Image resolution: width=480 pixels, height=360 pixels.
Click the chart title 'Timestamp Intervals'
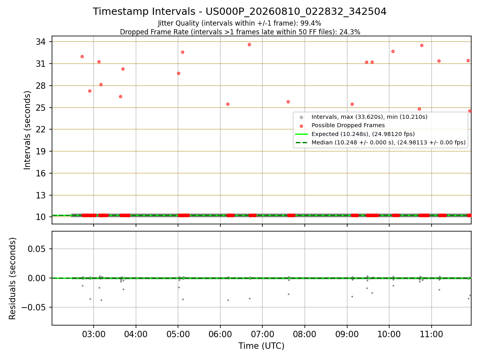[144, 11]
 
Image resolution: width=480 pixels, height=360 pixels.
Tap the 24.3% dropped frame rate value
[350, 32]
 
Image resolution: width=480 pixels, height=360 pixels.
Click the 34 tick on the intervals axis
[41, 42]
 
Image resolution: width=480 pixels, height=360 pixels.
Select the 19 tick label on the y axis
[41, 151]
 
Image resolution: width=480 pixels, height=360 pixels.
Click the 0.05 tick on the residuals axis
[36, 249]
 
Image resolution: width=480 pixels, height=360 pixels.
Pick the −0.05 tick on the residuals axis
[34, 307]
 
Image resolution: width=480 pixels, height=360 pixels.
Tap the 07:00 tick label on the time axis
[262, 334]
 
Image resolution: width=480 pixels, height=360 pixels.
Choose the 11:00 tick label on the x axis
[432, 334]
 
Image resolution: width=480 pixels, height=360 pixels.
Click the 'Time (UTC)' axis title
[261, 346]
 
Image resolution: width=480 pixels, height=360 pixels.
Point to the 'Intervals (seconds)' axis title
[27, 130]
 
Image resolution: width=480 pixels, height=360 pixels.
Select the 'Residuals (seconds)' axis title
[12, 278]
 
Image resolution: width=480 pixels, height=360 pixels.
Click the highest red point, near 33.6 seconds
[249, 44]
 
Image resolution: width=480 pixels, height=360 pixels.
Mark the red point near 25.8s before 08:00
[288, 102]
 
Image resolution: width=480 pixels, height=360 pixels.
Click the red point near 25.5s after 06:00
[228, 104]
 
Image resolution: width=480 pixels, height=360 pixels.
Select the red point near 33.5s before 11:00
[422, 46]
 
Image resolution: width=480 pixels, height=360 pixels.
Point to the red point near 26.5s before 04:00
[120, 97]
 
